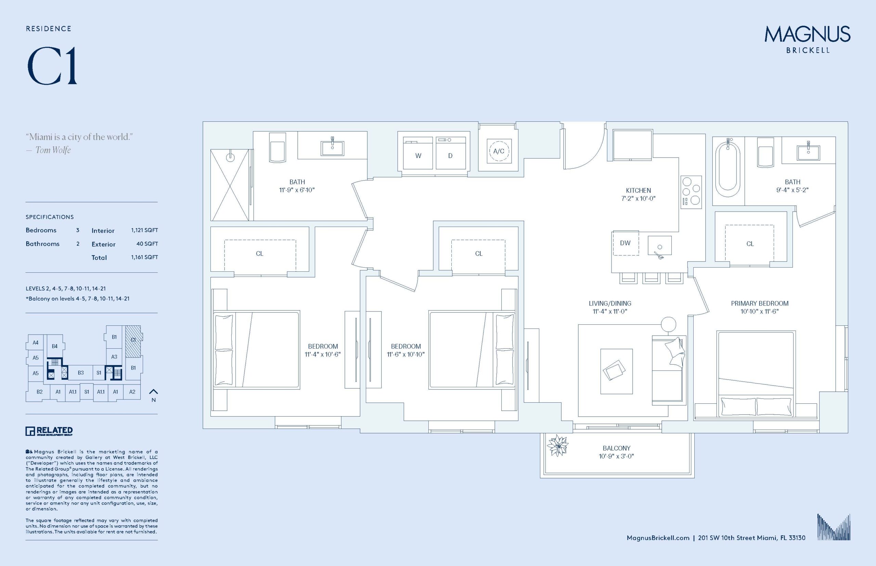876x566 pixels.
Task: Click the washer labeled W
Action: point(418,153)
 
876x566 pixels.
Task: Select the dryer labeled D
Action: point(450,153)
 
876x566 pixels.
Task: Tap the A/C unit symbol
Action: point(499,151)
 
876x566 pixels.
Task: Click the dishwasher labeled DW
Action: point(626,243)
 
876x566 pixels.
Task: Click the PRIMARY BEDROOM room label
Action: point(759,303)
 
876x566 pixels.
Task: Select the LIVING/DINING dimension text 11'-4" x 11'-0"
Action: point(610,312)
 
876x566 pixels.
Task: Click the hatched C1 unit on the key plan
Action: point(133,341)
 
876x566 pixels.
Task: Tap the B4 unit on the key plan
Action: point(54,346)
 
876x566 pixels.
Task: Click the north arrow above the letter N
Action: point(153,391)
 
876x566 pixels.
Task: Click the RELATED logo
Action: point(49,431)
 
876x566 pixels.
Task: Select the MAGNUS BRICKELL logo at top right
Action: point(807,39)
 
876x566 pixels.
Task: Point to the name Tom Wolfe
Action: point(53,150)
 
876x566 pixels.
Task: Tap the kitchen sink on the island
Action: point(659,246)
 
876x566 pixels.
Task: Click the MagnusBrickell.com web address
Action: point(658,538)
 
